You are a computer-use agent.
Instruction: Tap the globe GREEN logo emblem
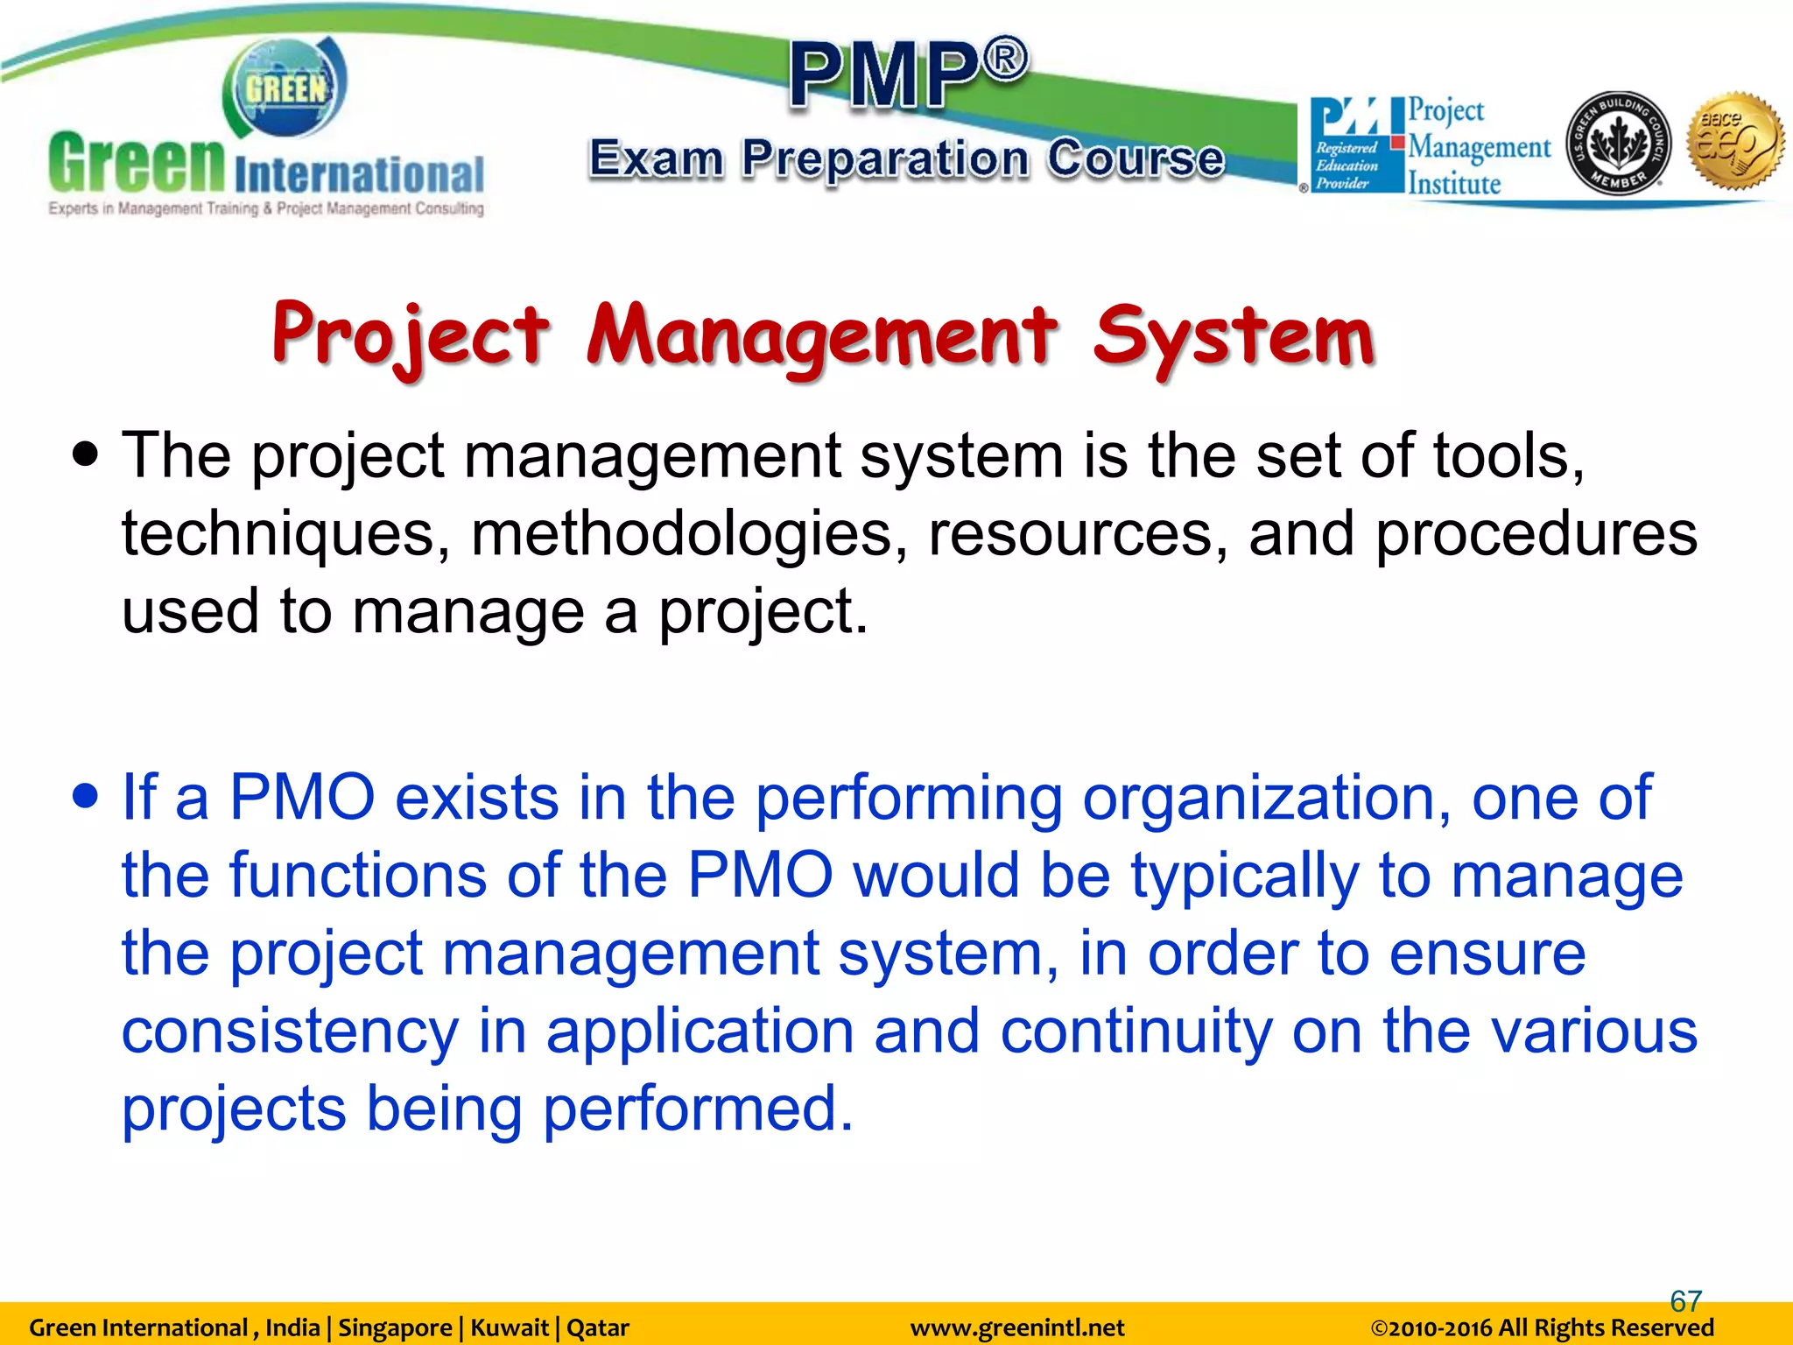click(285, 88)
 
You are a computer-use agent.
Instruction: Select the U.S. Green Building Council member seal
click(1618, 143)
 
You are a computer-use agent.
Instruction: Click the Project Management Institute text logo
click(1478, 147)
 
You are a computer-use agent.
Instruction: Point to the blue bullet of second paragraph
click(86, 797)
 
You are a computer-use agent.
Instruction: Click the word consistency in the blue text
click(289, 1031)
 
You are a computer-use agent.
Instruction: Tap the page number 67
click(1685, 1301)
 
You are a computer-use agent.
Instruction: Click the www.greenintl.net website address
click(1016, 1328)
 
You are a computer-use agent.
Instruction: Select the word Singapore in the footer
click(394, 1328)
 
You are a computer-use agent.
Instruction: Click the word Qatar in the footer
click(598, 1328)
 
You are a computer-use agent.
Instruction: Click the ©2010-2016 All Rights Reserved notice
click(1541, 1328)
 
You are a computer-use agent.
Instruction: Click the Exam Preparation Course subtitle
click(907, 159)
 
